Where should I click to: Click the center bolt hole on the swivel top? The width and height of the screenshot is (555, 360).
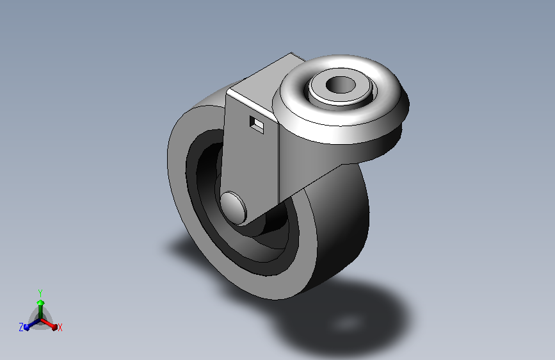click(x=342, y=85)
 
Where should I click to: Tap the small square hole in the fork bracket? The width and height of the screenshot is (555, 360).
click(x=257, y=124)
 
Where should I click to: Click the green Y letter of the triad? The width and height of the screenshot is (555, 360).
click(x=40, y=292)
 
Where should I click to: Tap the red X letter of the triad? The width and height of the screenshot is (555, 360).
click(x=60, y=327)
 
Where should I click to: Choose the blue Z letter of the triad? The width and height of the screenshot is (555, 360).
click(x=21, y=327)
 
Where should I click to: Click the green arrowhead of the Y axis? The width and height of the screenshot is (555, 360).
click(x=40, y=302)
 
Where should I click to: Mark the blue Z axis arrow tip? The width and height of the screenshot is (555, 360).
click(x=27, y=326)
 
